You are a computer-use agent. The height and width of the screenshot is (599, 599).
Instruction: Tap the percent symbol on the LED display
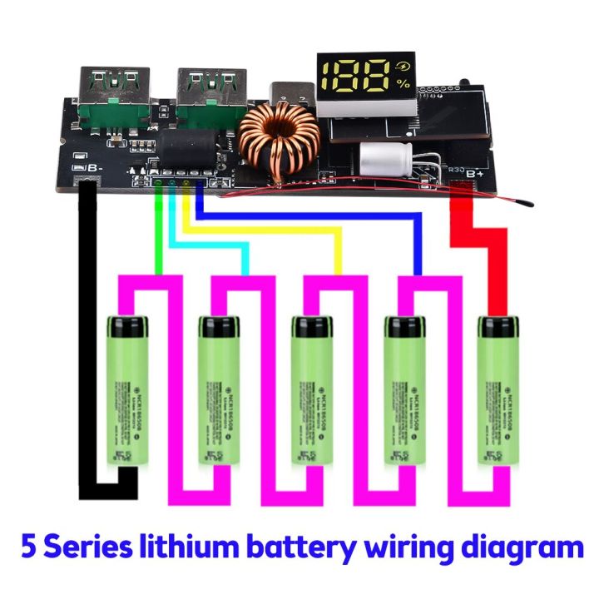tap(403, 84)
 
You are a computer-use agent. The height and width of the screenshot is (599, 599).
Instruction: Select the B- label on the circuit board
tap(93, 167)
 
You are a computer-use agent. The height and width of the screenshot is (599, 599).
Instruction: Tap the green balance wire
tap(158, 233)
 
